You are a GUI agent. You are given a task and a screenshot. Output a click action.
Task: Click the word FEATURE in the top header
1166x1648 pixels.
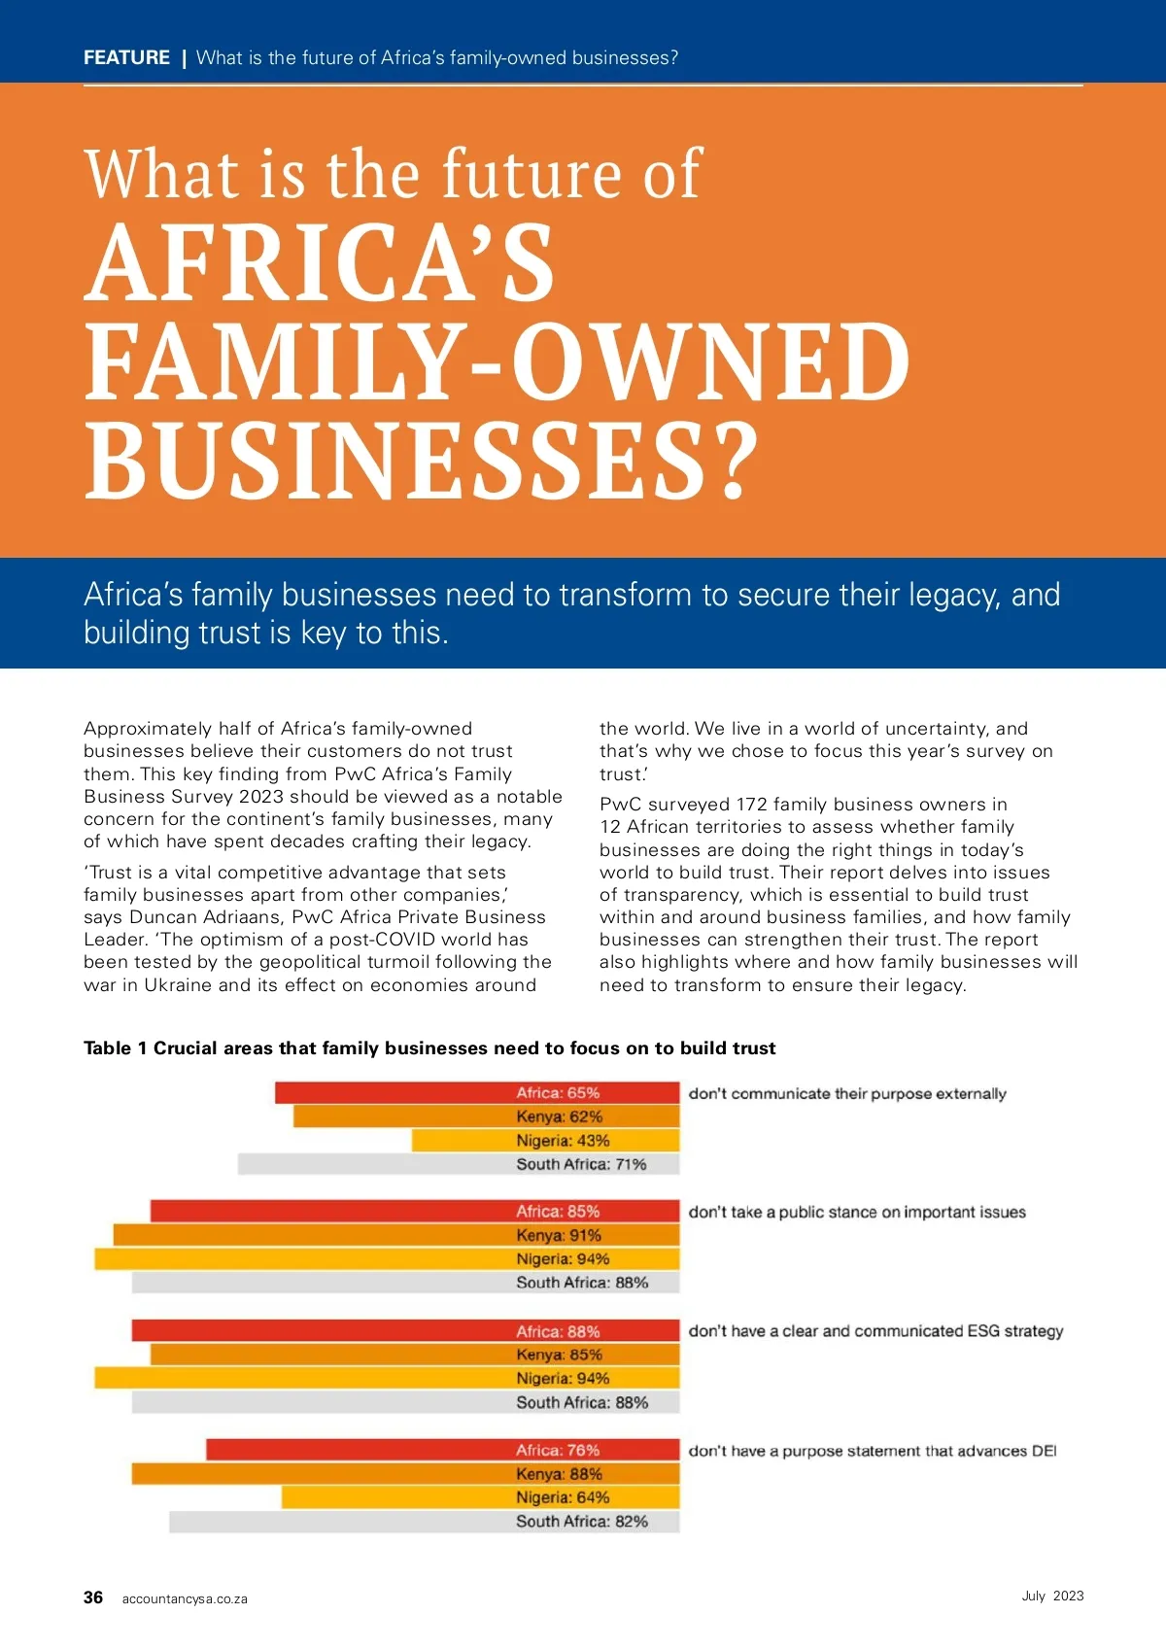click(x=126, y=57)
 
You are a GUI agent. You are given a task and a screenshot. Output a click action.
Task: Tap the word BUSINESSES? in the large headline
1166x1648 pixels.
click(x=420, y=461)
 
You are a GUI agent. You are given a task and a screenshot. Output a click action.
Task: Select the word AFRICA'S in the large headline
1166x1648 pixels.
click(x=320, y=264)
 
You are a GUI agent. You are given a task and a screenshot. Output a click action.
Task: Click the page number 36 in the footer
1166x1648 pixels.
click(x=93, y=1597)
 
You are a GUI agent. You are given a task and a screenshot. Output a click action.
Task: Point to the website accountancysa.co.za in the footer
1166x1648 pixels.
click(x=185, y=1598)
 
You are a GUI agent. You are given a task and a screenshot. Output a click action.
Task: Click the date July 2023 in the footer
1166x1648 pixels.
click(x=1052, y=1596)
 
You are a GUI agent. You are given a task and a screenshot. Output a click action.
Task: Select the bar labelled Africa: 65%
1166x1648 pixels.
click(x=477, y=1093)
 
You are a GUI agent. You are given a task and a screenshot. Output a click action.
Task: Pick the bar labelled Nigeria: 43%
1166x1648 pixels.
click(x=545, y=1141)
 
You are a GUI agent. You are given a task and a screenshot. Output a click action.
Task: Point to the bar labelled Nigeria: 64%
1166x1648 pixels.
click(x=480, y=1497)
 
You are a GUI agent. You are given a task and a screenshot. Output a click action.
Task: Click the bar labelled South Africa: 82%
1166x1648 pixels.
click(x=424, y=1522)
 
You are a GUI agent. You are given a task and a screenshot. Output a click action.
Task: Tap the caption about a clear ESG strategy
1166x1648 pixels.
click(x=875, y=1331)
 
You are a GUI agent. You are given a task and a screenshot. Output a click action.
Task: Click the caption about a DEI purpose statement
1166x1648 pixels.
click(x=872, y=1451)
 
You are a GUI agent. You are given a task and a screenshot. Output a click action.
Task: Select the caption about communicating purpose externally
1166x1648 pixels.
click(x=847, y=1094)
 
